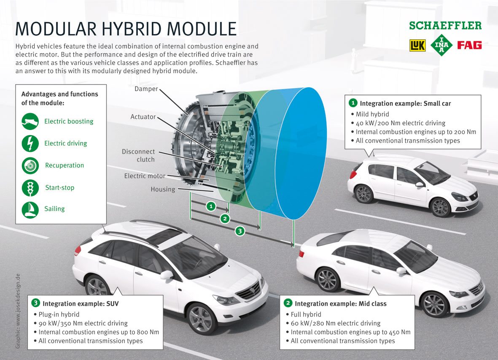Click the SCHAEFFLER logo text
click(x=445, y=25)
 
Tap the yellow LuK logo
click(x=417, y=45)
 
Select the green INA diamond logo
click(x=441, y=45)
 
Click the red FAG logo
click(x=469, y=45)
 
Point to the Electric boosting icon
click(x=30, y=122)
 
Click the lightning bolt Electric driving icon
click(x=30, y=143)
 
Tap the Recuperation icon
click(x=30, y=165)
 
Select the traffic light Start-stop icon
click(x=30, y=187)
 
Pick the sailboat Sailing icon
click(x=30, y=209)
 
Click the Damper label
click(x=146, y=89)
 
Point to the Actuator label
click(x=143, y=116)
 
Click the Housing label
click(x=163, y=189)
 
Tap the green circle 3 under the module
click(x=240, y=231)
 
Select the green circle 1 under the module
click(x=211, y=206)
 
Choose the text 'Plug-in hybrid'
click(x=59, y=314)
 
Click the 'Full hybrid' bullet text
click(x=306, y=314)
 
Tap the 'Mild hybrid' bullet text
click(x=372, y=114)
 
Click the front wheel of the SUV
click(x=202, y=318)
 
